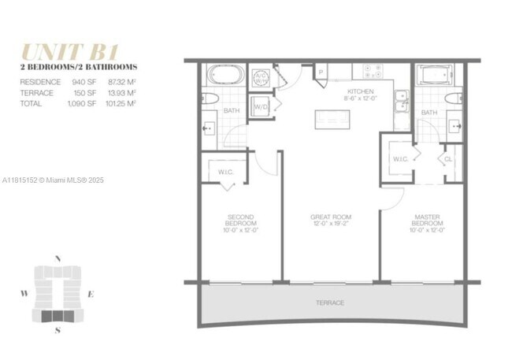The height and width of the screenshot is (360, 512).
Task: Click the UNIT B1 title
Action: pyautogui.click(x=70, y=52)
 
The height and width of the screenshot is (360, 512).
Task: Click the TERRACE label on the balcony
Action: pyautogui.click(x=331, y=302)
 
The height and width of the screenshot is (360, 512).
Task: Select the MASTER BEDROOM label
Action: pyautogui.click(x=426, y=220)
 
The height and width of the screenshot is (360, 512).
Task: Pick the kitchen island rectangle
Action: pyautogui.click(x=333, y=119)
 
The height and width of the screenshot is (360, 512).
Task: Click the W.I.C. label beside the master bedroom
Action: pyautogui.click(x=400, y=158)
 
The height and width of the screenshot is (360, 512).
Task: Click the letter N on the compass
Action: pyautogui.click(x=57, y=258)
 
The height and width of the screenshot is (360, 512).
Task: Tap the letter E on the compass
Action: pyautogui.click(x=91, y=294)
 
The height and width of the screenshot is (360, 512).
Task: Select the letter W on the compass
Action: pyautogui.click(x=24, y=294)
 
